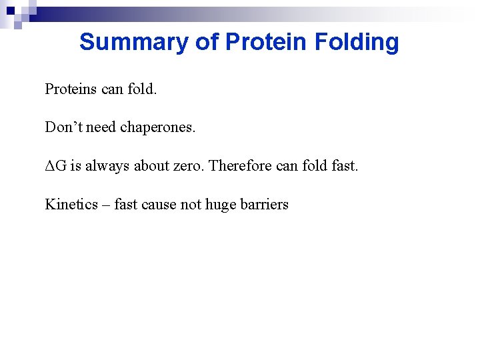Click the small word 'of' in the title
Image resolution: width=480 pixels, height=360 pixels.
(x=207, y=42)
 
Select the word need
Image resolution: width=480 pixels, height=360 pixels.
(x=101, y=127)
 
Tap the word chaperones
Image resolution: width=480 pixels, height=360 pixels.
(x=158, y=127)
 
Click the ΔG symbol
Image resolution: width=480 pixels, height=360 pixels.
(x=55, y=166)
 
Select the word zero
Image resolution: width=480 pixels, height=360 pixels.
(x=189, y=166)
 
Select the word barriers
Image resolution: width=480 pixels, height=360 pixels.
(x=267, y=205)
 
